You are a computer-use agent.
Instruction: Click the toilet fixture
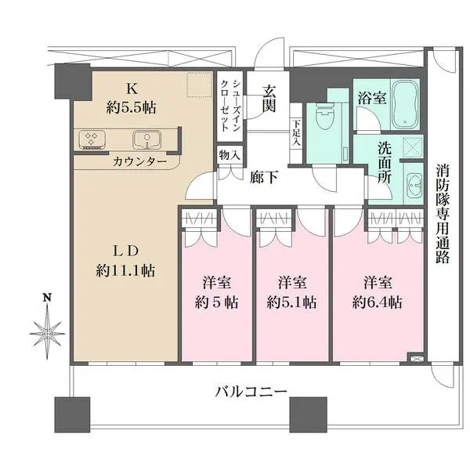point(324,117)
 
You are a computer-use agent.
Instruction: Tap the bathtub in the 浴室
point(405,104)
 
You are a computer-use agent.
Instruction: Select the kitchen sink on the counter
point(147,140)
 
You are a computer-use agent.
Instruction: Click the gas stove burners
point(92,140)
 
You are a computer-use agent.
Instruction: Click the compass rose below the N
point(47,333)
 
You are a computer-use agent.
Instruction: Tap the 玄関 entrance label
point(269,99)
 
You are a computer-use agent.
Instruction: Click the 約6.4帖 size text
point(377,302)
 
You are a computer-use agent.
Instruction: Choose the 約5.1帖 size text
point(291,302)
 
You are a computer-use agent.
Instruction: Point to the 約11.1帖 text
point(125,271)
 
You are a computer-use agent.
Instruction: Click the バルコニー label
point(251,392)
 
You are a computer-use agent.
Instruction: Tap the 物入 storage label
point(230,155)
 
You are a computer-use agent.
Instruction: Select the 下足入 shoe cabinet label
point(296,133)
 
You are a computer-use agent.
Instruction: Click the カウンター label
point(139,162)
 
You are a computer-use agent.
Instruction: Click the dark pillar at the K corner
point(73,81)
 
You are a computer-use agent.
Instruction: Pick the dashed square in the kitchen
point(199,85)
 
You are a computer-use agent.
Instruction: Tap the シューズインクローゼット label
point(230,106)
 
